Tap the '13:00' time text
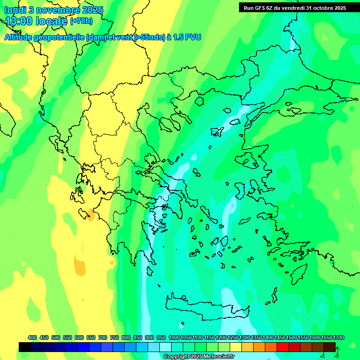(21, 21)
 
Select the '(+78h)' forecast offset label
(81, 21)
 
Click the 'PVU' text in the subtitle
(191, 37)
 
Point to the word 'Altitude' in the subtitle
(21, 37)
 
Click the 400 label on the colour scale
(32, 338)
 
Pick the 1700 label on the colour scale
(338, 338)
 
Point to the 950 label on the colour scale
(161, 338)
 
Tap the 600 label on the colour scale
(79, 338)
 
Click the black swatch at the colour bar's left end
(25, 347)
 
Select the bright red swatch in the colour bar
(283, 347)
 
